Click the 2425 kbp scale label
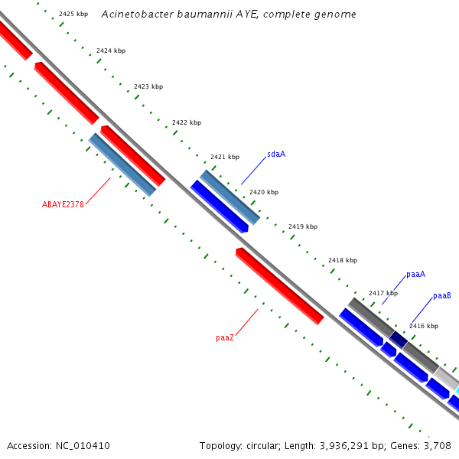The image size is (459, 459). pos(73,15)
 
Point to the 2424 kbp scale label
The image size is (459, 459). pos(111,50)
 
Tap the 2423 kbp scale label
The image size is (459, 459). pos(148,86)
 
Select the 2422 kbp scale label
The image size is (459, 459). pos(187,122)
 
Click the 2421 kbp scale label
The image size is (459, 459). pos(225,157)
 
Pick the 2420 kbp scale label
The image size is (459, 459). pos(264,192)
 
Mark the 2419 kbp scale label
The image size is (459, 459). pos(303,226)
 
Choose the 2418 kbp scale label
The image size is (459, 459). pos(343,260)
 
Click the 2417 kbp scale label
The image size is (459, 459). pos(383,293)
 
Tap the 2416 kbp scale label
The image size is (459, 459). pos(424,326)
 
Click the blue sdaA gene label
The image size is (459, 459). pos(276,154)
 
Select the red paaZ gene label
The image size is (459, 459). pos(225,337)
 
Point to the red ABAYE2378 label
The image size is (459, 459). pos(63,204)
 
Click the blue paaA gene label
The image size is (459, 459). pos(415,274)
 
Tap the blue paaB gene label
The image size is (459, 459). pos(442,295)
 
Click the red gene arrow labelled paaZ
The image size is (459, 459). pos(279,285)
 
